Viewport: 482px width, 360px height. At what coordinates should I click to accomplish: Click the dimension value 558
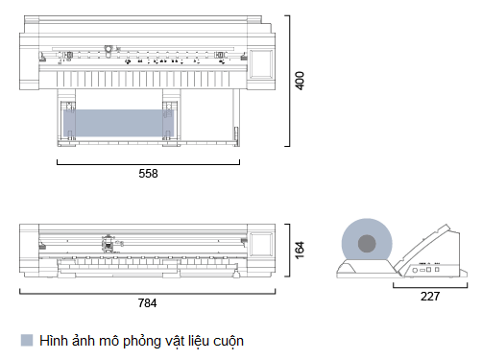click(148, 174)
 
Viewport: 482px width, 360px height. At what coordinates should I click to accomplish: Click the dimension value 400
click(300, 81)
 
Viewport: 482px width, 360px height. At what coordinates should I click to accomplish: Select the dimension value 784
click(146, 302)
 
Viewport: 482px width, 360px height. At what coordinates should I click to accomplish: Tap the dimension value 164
click(300, 250)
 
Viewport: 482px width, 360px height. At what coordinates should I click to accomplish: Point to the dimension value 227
click(430, 297)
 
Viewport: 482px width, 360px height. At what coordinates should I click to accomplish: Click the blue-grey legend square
click(26, 340)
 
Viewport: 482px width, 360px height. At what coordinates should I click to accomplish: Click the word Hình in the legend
click(55, 340)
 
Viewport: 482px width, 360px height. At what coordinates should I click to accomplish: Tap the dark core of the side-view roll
click(368, 245)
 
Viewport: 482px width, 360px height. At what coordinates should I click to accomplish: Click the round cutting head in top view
click(108, 49)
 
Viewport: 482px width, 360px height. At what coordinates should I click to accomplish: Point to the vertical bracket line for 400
click(289, 81)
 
